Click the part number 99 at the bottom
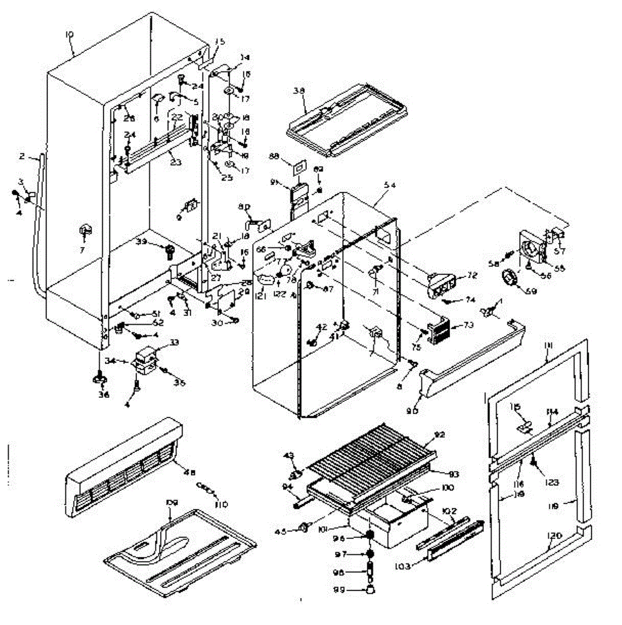point(352,590)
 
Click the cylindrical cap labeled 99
point(370,590)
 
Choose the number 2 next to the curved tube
point(22,156)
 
